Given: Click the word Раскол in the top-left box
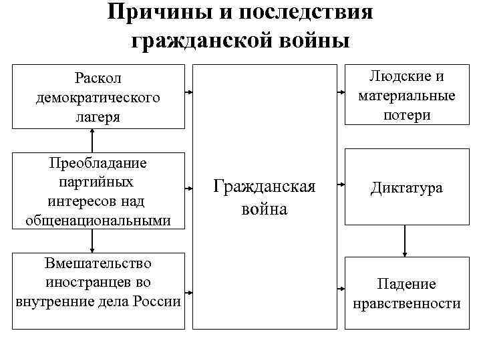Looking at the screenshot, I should pos(98,79).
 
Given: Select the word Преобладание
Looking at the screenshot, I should pos(98,162).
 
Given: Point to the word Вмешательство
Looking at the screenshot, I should pos(98,263).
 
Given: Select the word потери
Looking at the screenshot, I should pos(406,114).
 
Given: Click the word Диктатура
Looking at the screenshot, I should pos(406,189).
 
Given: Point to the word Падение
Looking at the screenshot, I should pos(406,284).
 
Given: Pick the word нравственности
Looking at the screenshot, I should pos(406,304).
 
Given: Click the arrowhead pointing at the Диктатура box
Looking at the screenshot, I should pos(340,184).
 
